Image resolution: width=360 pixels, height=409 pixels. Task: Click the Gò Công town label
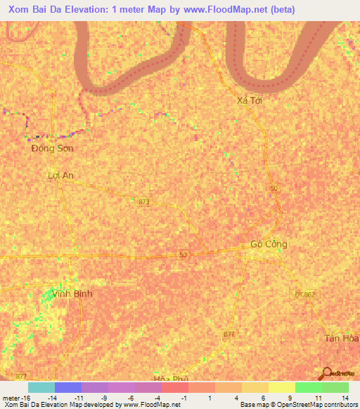(269, 245)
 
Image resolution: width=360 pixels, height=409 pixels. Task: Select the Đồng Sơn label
(53, 148)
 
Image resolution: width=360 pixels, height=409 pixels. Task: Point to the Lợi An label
(60, 175)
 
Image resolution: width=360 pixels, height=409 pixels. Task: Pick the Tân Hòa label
(341, 338)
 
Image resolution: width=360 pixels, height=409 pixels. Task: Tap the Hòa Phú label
(172, 379)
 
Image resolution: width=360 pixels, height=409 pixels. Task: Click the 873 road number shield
(144, 202)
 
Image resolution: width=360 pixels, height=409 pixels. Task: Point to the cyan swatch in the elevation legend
(41, 387)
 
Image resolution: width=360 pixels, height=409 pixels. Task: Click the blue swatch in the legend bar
(68, 387)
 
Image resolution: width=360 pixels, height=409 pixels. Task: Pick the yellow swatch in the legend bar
(255, 387)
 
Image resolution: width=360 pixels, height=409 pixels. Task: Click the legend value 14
(344, 398)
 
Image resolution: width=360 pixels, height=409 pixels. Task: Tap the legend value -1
(184, 398)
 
